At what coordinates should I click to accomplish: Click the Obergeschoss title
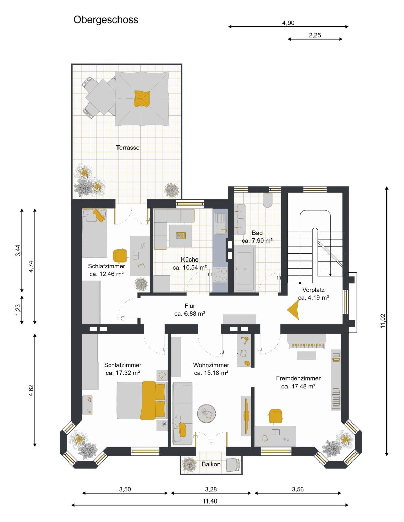[x=106, y=20]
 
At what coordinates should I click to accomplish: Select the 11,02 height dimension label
[x=383, y=321]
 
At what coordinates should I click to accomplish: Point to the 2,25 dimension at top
[x=315, y=35]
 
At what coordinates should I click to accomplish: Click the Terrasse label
[x=128, y=148]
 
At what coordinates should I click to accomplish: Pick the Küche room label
[x=190, y=259]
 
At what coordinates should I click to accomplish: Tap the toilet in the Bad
[x=267, y=200]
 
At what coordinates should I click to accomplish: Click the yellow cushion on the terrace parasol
[x=142, y=99]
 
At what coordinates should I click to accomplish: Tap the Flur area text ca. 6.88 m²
[x=190, y=314]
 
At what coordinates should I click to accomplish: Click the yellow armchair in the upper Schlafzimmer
[x=120, y=255]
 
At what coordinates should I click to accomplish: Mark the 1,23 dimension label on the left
[x=18, y=310]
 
